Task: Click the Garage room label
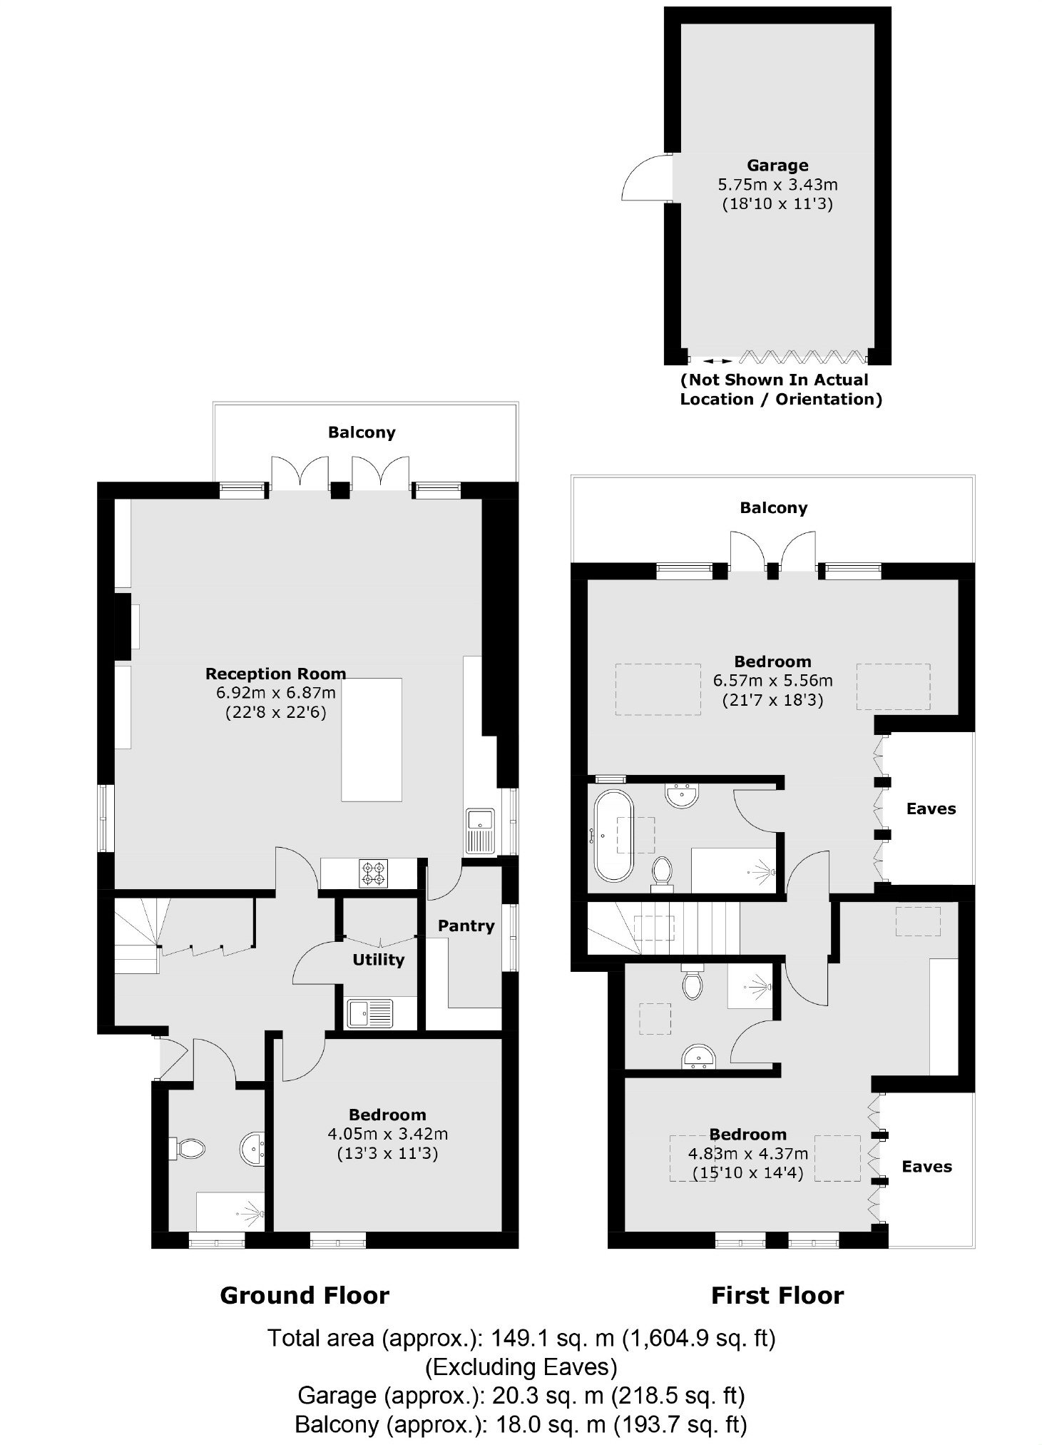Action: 777,166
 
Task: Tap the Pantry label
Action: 466,926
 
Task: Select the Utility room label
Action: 378,960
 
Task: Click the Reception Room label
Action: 275,674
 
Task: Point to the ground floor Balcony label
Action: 362,432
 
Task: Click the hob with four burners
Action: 375,873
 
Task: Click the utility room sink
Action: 370,1013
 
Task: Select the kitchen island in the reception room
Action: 371,739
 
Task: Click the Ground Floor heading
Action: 305,1295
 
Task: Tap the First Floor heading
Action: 777,1295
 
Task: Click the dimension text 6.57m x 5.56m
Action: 773,681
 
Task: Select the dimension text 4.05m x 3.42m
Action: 388,1134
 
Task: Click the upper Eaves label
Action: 931,808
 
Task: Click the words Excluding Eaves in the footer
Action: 521,1367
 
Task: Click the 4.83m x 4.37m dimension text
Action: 747,1153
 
